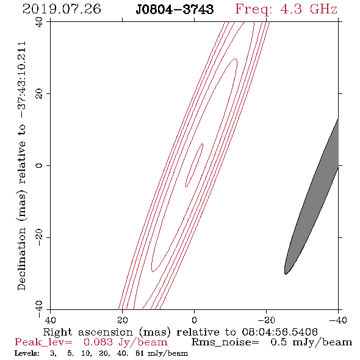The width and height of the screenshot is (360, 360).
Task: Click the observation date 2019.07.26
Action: click(62, 9)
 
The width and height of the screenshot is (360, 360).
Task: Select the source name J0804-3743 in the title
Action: click(175, 9)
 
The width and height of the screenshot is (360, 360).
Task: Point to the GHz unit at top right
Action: click(323, 9)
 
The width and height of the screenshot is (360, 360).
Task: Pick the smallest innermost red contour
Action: click(194, 165)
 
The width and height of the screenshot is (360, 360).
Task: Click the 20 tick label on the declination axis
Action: click(39, 94)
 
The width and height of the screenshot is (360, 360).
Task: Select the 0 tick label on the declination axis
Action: click(39, 165)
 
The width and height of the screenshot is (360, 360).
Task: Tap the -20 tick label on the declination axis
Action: click(39, 237)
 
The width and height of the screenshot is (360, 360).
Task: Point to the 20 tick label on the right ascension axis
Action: click(123, 320)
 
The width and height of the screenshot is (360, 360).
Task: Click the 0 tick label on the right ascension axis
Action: click(195, 320)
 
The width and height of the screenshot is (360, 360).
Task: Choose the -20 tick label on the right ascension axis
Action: click(266, 320)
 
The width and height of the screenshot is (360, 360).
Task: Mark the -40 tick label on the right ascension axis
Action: click(338, 320)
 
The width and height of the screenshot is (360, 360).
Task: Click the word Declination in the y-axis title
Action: click(21, 259)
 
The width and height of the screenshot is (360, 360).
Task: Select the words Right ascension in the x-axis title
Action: click(88, 332)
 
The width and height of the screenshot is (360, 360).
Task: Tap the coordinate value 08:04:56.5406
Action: click(279, 332)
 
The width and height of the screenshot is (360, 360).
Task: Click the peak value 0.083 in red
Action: click(98, 342)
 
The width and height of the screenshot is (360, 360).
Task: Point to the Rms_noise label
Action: click(225, 342)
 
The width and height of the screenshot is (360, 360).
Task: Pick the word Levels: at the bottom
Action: click(27, 353)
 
